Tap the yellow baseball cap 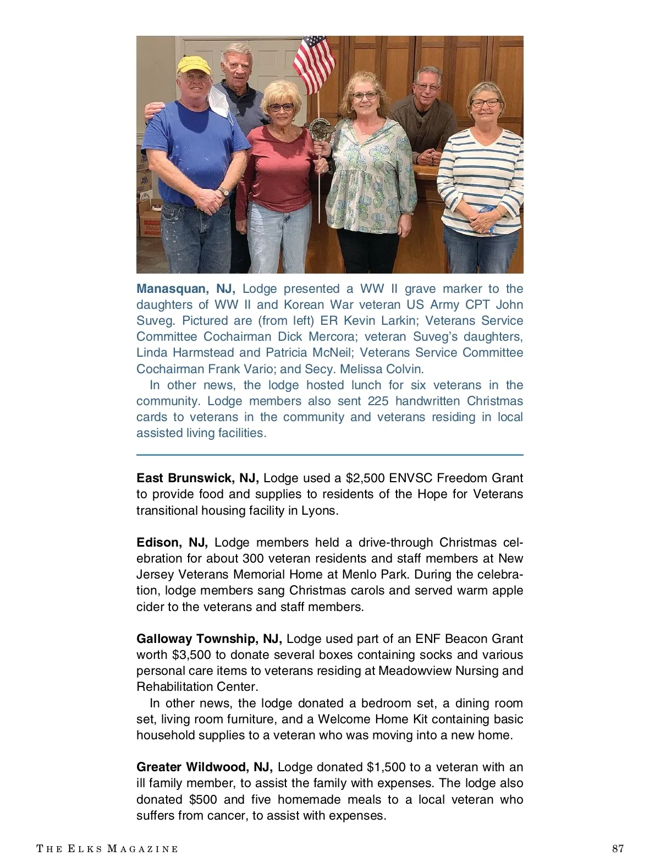click(x=194, y=66)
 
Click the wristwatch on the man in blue click(x=223, y=192)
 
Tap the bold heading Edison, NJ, click(x=172, y=542)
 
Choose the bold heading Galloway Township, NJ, click(x=209, y=639)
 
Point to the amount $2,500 click(x=369, y=478)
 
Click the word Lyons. click(x=320, y=510)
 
